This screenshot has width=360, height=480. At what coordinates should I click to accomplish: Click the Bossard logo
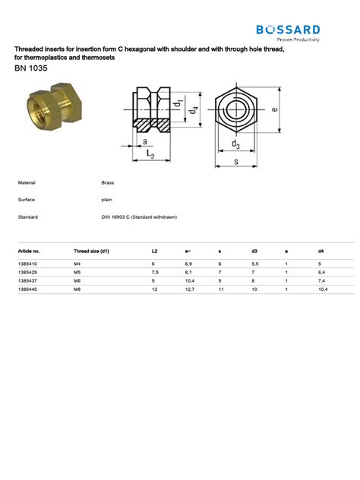[288, 33]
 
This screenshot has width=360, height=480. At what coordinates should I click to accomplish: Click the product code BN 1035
[31, 68]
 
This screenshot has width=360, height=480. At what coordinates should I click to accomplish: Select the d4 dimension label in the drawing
[193, 109]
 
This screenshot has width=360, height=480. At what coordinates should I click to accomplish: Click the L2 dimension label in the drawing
[150, 153]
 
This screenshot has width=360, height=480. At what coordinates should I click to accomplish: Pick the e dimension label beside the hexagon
[275, 109]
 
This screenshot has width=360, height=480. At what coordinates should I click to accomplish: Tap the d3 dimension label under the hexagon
[235, 144]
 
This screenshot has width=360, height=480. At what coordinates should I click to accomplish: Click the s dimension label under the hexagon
[236, 162]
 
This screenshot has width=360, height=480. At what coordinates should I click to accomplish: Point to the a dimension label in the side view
[145, 142]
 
